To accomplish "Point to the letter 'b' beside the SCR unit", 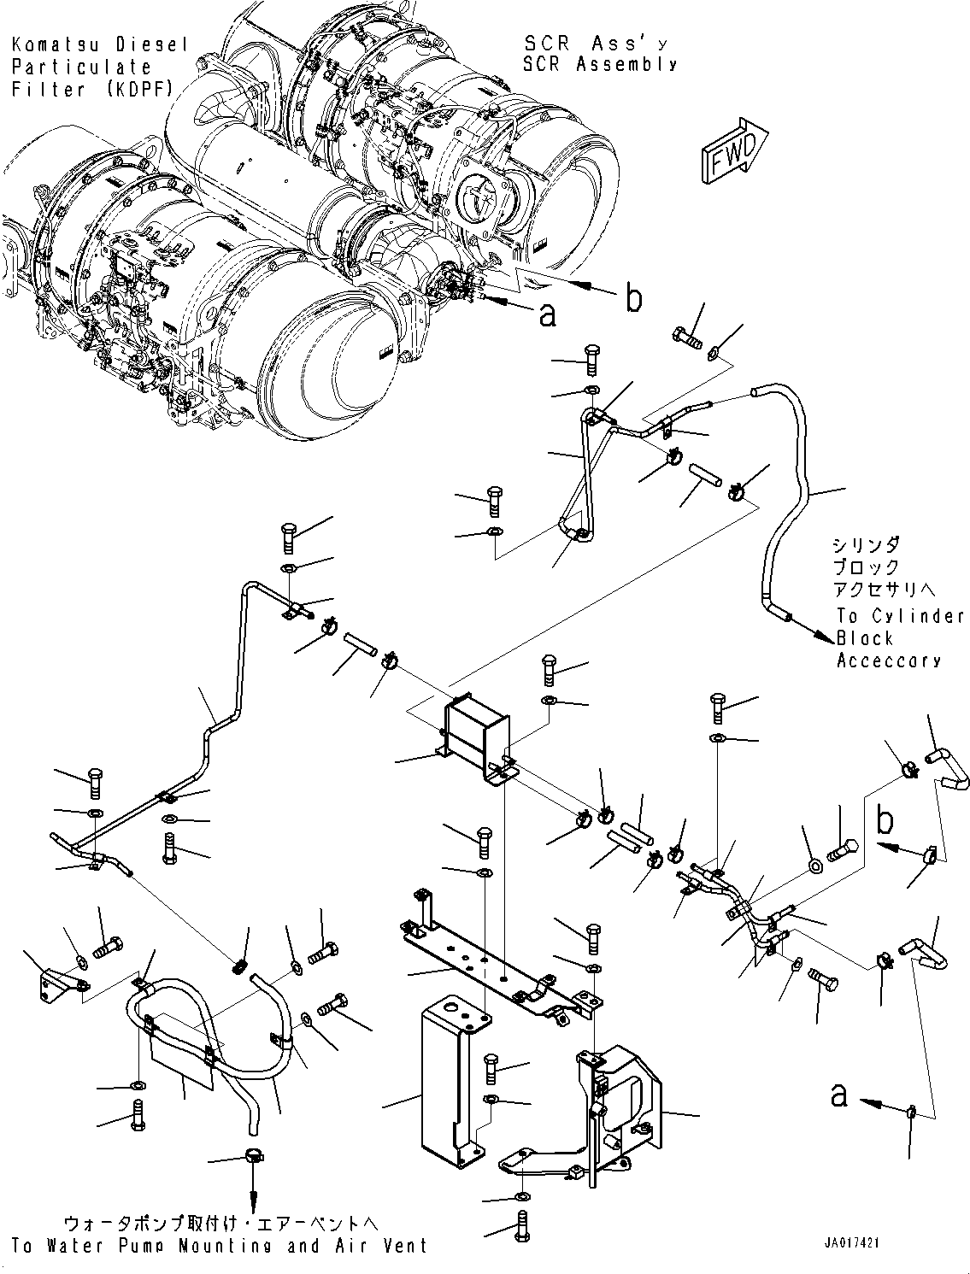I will point(633,299).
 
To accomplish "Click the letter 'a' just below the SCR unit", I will point(547,314).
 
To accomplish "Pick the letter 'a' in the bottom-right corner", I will point(840,1095).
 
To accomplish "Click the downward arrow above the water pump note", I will point(253,1192).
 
